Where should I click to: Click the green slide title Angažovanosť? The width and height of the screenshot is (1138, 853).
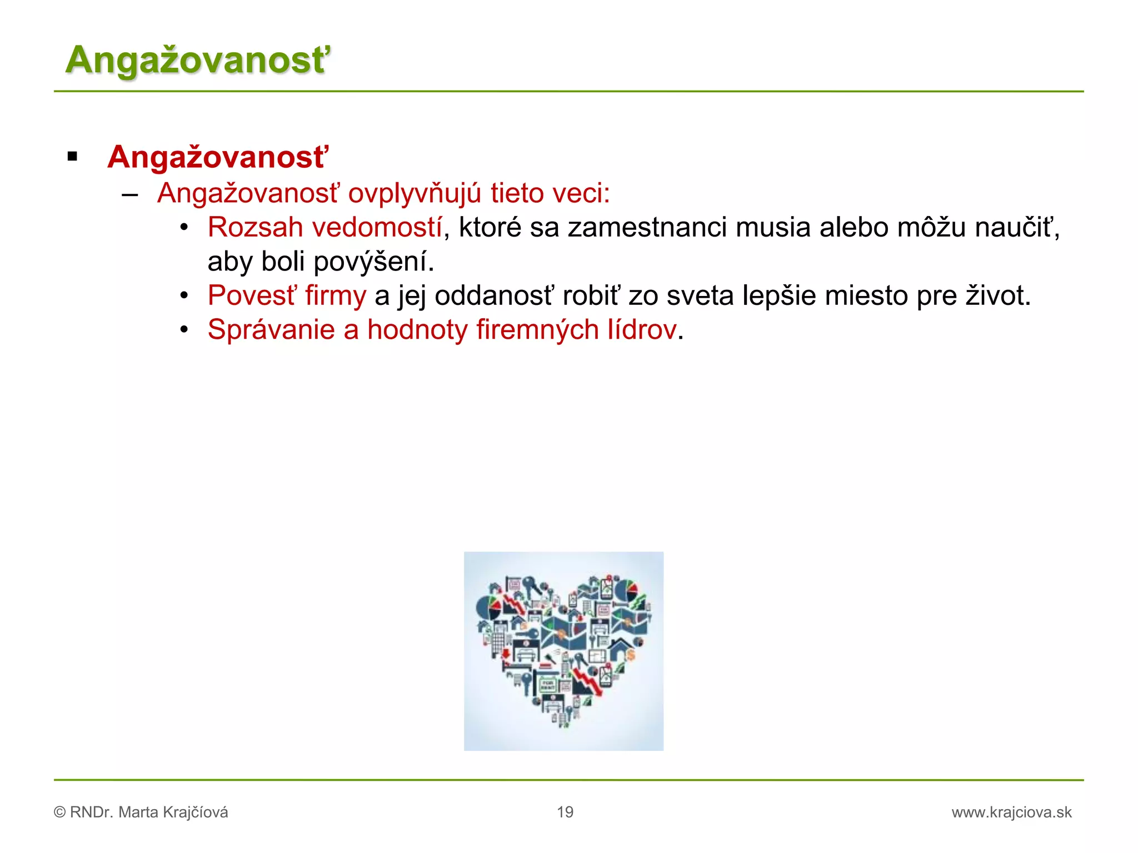[x=198, y=60]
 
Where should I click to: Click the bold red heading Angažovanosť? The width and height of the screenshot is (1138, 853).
[x=218, y=157]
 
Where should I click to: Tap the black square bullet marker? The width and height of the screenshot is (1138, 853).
[x=72, y=157]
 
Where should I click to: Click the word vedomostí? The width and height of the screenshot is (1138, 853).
[x=377, y=228]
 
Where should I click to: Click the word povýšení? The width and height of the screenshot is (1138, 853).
[x=373, y=262]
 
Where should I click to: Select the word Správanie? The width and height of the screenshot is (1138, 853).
[x=271, y=330]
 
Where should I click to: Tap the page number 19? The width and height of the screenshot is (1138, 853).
[x=565, y=812]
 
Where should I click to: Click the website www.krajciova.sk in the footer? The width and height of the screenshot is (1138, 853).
[x=1011, y=812]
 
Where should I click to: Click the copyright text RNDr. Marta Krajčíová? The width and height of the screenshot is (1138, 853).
[x=148, y=812]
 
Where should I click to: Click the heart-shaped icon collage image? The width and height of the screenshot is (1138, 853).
[x=563, y=651]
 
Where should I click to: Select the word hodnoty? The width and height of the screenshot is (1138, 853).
[x=417, y=330]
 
